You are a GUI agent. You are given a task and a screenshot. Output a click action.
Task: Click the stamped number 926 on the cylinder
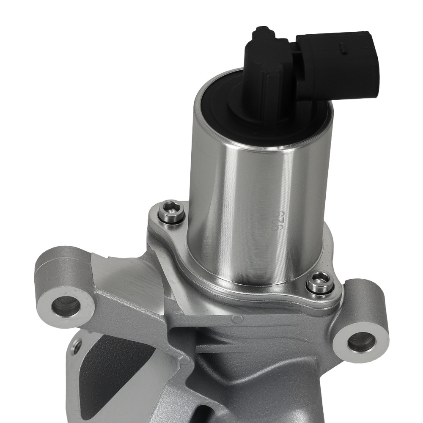278,220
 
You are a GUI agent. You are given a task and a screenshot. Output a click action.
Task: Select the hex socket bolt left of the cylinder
171,211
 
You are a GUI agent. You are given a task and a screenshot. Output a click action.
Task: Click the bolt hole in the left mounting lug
66,306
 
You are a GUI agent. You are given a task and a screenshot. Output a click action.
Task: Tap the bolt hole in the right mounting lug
361,342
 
